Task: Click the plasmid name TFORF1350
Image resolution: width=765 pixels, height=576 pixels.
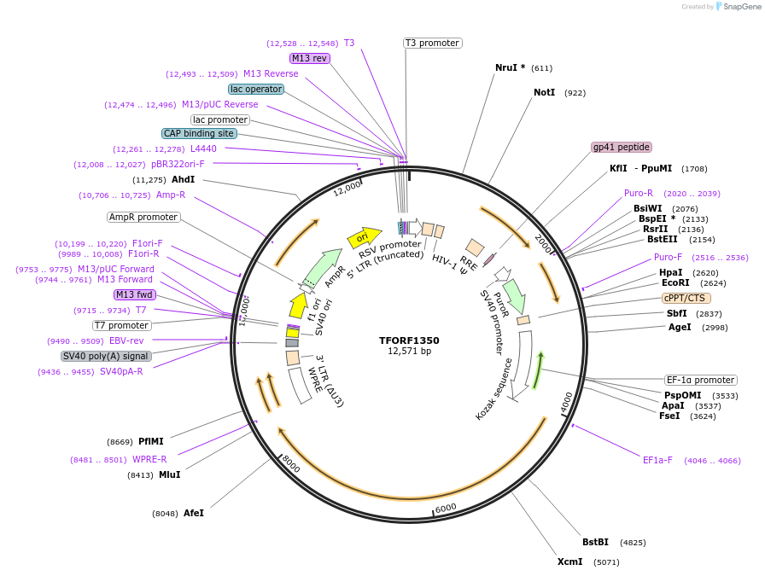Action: point(409,340)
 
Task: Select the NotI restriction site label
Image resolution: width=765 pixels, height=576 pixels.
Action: point(544,92)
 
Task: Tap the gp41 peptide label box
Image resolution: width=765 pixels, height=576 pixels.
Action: point(621,147)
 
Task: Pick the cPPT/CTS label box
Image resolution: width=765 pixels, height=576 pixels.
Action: point(685,298)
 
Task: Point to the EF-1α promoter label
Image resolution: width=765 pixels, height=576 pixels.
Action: point(700,380)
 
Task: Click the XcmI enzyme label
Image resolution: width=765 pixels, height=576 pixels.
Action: point(569,561)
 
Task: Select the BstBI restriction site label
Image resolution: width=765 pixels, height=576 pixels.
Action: point(595,542)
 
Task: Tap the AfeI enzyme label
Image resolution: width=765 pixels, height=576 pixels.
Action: point(194,513)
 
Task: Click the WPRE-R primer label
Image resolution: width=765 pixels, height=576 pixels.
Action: point(149,459)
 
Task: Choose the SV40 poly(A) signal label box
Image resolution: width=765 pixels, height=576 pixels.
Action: point(106,356)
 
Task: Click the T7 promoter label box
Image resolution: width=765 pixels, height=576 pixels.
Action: point(121,325)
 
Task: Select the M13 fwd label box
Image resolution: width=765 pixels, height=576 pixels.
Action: point(135,294)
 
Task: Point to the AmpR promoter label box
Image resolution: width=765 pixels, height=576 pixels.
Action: point(143,217)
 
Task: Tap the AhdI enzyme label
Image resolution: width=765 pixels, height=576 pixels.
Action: point(183,179)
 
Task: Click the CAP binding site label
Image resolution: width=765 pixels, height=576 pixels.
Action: point(199,133)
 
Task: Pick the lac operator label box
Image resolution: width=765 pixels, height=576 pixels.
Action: point(256,89)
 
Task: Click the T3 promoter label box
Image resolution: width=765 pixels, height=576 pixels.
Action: point(432,43)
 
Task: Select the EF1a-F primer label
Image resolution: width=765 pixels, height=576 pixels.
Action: point(657,460)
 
